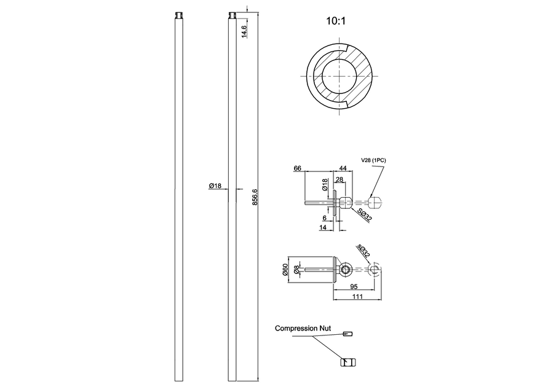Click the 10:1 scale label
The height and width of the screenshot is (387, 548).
pyautogui.click(x=336, y=21)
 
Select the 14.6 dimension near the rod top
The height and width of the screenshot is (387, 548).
pyautogui.click(x=244, y=31)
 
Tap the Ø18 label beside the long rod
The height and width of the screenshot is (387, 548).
pyautogui.click(x=215, y=186)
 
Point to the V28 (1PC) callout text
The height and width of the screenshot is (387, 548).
pyautogui.click(x=373, y=160)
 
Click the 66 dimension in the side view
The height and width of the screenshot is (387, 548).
pyautogui.click(x=297, y=168)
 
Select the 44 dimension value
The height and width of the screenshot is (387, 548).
pyautogui.click(x=343, y=168)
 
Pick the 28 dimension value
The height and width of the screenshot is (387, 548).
pyautogui.click(x=339, y=179)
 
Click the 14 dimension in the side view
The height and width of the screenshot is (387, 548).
pyautogui.click(x=322, y=227)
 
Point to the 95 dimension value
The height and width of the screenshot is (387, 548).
pyautogui.click(x=354, y=286)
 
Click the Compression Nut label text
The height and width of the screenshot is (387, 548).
pyautogui.click(x=303, y=329)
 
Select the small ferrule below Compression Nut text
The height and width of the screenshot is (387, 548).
pyautogui.click(x=347, y=334)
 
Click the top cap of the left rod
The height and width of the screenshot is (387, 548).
pyautogui.click(x=180, y=14)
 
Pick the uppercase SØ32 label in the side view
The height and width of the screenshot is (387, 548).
pyautogui.click(x=364, y=216)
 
